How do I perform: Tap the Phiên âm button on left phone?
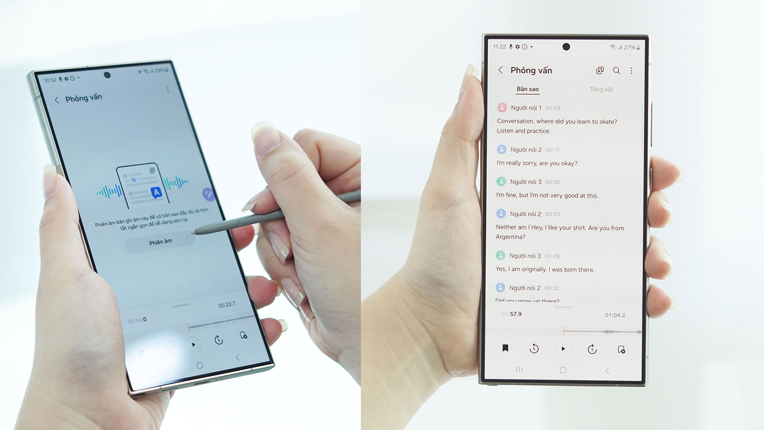click(x=160, y=242)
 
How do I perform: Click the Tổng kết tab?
click(x=601, y=90)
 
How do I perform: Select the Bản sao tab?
click(x=528, y=89)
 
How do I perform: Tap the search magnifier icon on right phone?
click(x=616, y=71)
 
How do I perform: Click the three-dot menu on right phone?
click(x=631, y=71)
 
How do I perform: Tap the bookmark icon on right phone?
click(x=505, y=348)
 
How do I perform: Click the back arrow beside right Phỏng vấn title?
click(x=501, y=70)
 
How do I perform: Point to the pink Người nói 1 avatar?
click(x=502, y=107)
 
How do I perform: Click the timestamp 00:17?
click(x=553, y=150)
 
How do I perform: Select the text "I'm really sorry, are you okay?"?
click(x=537, y=163)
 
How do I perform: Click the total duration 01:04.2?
click(x=615, y=315)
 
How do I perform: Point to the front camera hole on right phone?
click(x=566, y=47)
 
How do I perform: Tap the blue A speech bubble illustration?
click(x=156, y=193)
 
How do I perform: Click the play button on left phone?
click(x=193, y=344)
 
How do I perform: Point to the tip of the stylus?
click(x=193, y=232)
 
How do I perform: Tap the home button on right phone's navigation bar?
click(x=563, y=370)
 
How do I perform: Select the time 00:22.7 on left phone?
click(x=227, y=305)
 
